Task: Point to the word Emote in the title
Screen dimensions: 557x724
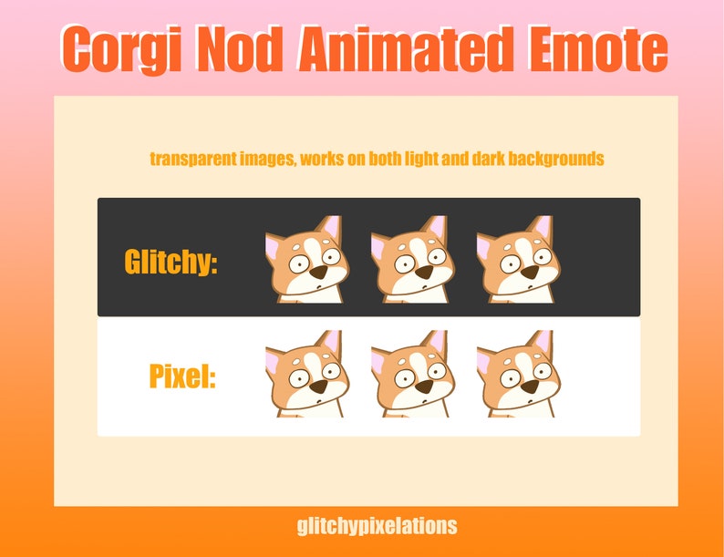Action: click(595, 50)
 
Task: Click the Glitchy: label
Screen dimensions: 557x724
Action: click(171, 263)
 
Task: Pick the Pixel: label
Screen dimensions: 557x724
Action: click(182, 376)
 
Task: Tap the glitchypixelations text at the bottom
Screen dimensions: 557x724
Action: click(377, 526)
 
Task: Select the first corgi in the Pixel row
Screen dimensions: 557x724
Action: click(306, 374)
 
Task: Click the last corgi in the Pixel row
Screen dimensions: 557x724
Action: click(518, 374)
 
